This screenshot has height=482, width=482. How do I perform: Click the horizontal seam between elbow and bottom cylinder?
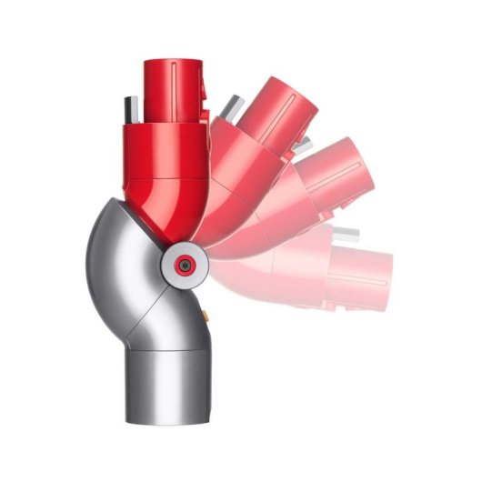167,346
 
